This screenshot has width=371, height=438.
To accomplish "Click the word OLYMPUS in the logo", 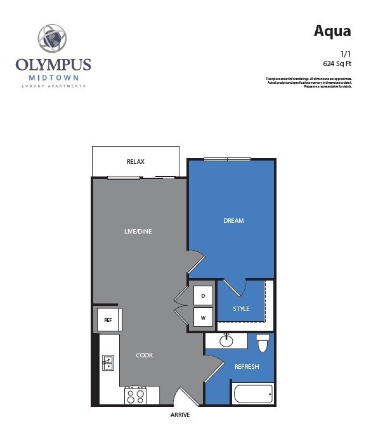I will click(x=53, y=65).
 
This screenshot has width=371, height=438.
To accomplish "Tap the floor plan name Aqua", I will click(x=332, y=32).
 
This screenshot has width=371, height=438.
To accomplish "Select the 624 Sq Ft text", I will click(x=337, y=63).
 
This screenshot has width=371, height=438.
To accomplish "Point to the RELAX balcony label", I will click(x=135, y=162).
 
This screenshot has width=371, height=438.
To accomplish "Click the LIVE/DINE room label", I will click(x=138, y=231).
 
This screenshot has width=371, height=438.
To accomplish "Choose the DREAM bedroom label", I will click(x=233, y=221).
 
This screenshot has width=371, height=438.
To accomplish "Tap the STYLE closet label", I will click(x=241, y=309).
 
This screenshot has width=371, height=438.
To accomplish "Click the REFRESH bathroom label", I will click(x=246, y=367).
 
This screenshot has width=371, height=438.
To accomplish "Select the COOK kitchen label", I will click(x=145, y=355).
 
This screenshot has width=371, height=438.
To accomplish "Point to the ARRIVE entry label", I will click(x=179, y=415).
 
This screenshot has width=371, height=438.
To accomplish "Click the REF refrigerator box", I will click(x=108, y=320).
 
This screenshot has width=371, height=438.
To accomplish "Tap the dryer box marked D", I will click(x=203, y=296).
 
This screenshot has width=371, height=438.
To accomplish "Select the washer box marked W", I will click(x=203, y=317).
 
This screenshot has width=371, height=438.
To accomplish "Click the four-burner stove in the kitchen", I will click(x=135, y=396).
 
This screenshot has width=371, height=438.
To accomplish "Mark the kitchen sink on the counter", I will click(x=108, y=363).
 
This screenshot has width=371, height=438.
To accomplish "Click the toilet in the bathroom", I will click(x=263, y=343).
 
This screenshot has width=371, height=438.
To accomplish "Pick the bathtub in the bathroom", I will click(x=253, y=394).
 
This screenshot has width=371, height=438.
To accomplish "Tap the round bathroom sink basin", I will click(x=226, y=341).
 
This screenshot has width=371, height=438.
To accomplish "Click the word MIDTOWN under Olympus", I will click(x=53, y=77).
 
